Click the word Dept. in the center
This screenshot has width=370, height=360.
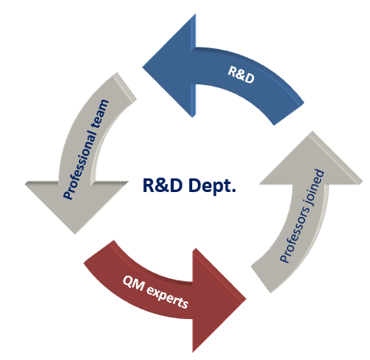tap(212, 186)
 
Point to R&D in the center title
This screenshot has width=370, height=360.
tap(162, 185)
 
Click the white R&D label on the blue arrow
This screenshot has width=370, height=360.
tap(241, 75)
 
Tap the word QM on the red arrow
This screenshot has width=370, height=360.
tap(134, 284)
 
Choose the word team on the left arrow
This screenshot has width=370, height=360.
tap(100, 114)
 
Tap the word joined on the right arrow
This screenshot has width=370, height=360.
tap(316, 186)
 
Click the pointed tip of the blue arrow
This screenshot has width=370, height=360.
tap(142, 67)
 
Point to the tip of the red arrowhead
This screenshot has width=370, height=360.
tap(246, 299)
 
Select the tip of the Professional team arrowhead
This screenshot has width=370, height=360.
tap(75, 234)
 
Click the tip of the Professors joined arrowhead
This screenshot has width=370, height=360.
tap(312, 131)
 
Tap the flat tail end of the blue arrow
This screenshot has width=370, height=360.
tap(289, 113)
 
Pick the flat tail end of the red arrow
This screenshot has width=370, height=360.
tap(99, 252)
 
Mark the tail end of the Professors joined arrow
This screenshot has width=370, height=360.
tap(261, 279)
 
